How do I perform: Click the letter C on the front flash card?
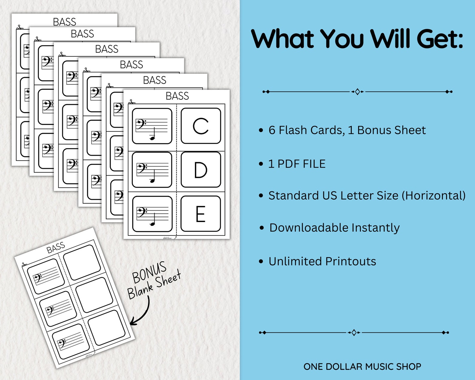pyautogui.click(x=200, y=126)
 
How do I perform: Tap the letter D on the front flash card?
pyautogui.click(x=200, y=170)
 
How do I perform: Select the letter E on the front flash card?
pyautogui.click(x=200, y=214)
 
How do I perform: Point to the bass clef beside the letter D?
pyautogui.click(x=142, y=168)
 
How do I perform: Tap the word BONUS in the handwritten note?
pyautogui.click(x=149, y=272)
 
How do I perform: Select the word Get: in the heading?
pyautogui.click(x=440, y=39)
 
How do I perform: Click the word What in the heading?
pyautogui.click(x=282, y=39)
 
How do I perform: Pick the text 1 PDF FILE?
pyautogui.click(x=297, y=164)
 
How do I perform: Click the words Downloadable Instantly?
pyautogui.click(x=334, y=228)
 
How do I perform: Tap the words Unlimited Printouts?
pyautogui.click(x=322, y=262)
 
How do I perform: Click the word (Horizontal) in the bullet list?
pyautogui.click(x=433, y=196)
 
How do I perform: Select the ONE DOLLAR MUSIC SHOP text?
pyautogui.click(x=362, y=367)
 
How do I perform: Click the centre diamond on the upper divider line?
pyautogui.click(x=357, y=92)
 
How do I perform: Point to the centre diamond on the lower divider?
pyautogui.click(x=354, y=332)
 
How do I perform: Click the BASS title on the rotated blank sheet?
pyautogui.click(x=56, y=247)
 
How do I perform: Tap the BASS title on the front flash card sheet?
pyautogui.click(x=177, y=96)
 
